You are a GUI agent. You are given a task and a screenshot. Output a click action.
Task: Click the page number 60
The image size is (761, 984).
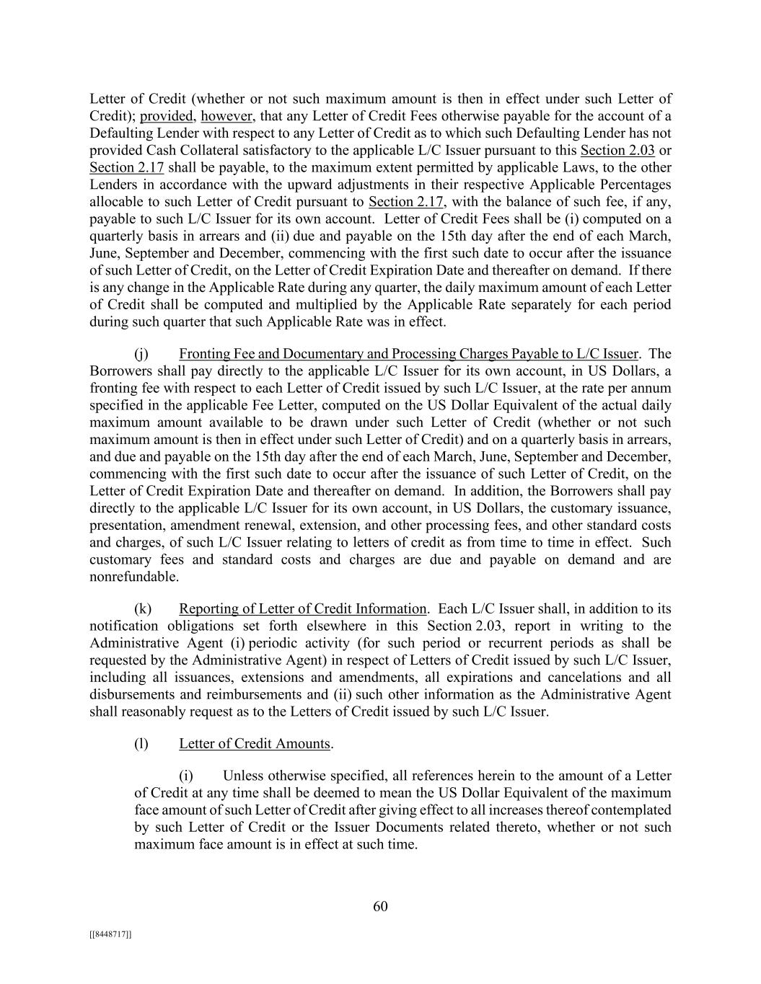tap(380, 907)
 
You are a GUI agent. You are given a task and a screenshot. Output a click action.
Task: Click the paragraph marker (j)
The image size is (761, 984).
tap(141, 354)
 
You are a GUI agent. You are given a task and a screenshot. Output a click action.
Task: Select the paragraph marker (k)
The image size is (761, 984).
tap(142, 609)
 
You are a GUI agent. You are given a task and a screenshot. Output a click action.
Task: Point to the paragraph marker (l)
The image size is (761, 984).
tap(141, 744)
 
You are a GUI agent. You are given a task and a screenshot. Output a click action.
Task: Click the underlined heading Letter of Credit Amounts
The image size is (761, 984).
tap(255, 744)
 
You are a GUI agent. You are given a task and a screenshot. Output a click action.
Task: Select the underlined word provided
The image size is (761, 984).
tap(167, 116)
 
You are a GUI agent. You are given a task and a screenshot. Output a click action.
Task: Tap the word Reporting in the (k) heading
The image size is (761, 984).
tap(208, 609)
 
